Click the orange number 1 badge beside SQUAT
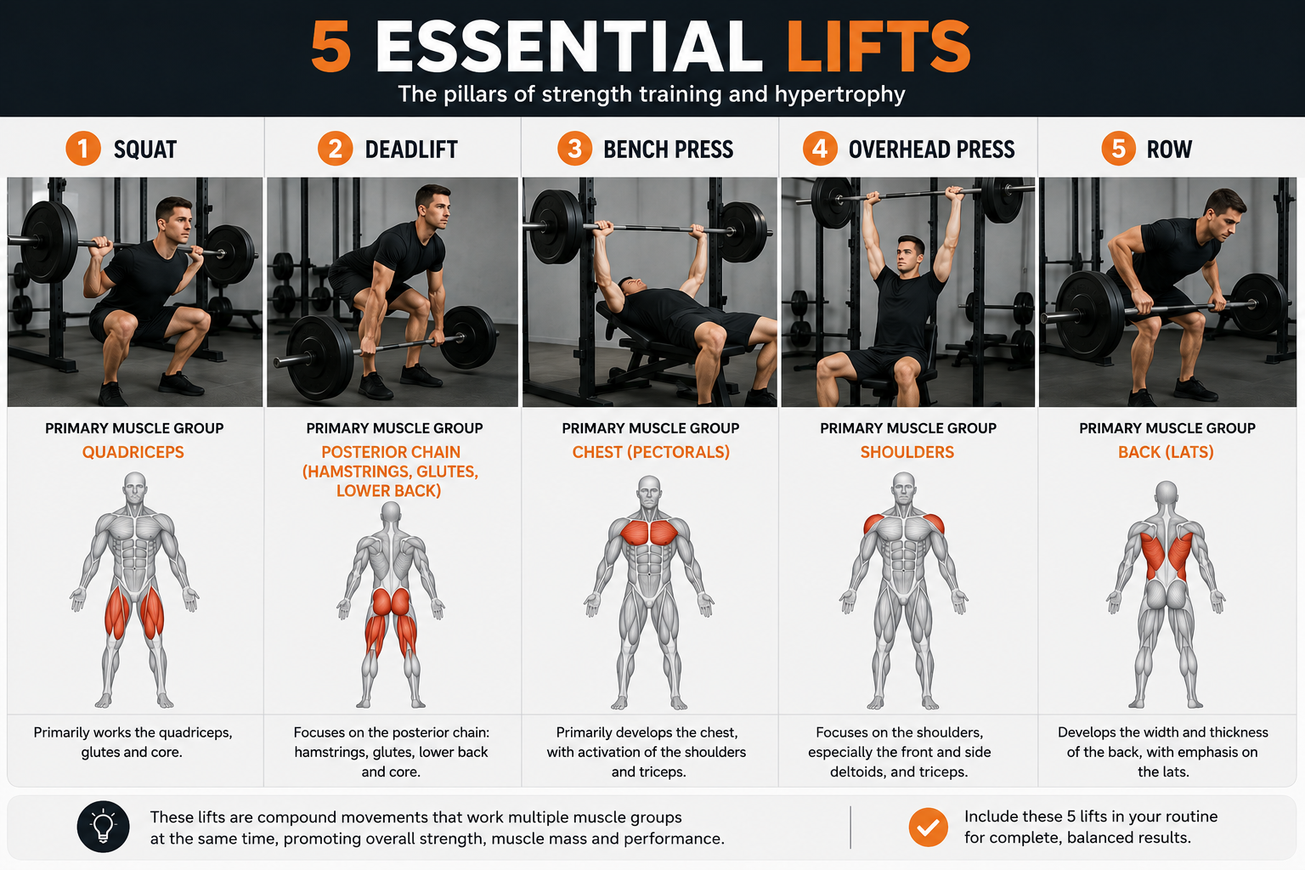83,149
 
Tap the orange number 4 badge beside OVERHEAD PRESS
820,149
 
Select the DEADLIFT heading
410,150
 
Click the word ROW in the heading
1169,150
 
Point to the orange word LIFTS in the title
878,47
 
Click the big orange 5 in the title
330,47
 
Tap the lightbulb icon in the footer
103,827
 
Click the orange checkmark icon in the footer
928,827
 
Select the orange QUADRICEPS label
133,452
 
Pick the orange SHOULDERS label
907,452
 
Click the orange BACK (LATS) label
1166,452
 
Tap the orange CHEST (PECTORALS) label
651,452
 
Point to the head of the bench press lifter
631,286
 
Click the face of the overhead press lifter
909,257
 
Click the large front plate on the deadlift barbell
319,357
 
